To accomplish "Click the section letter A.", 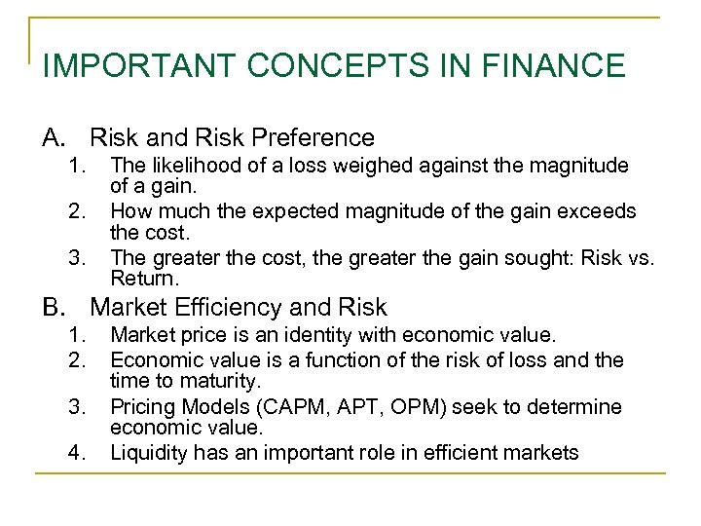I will tap(53, 138).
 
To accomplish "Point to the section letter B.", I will tap(53, 308).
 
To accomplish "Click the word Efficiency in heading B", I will tap(220, 308).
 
